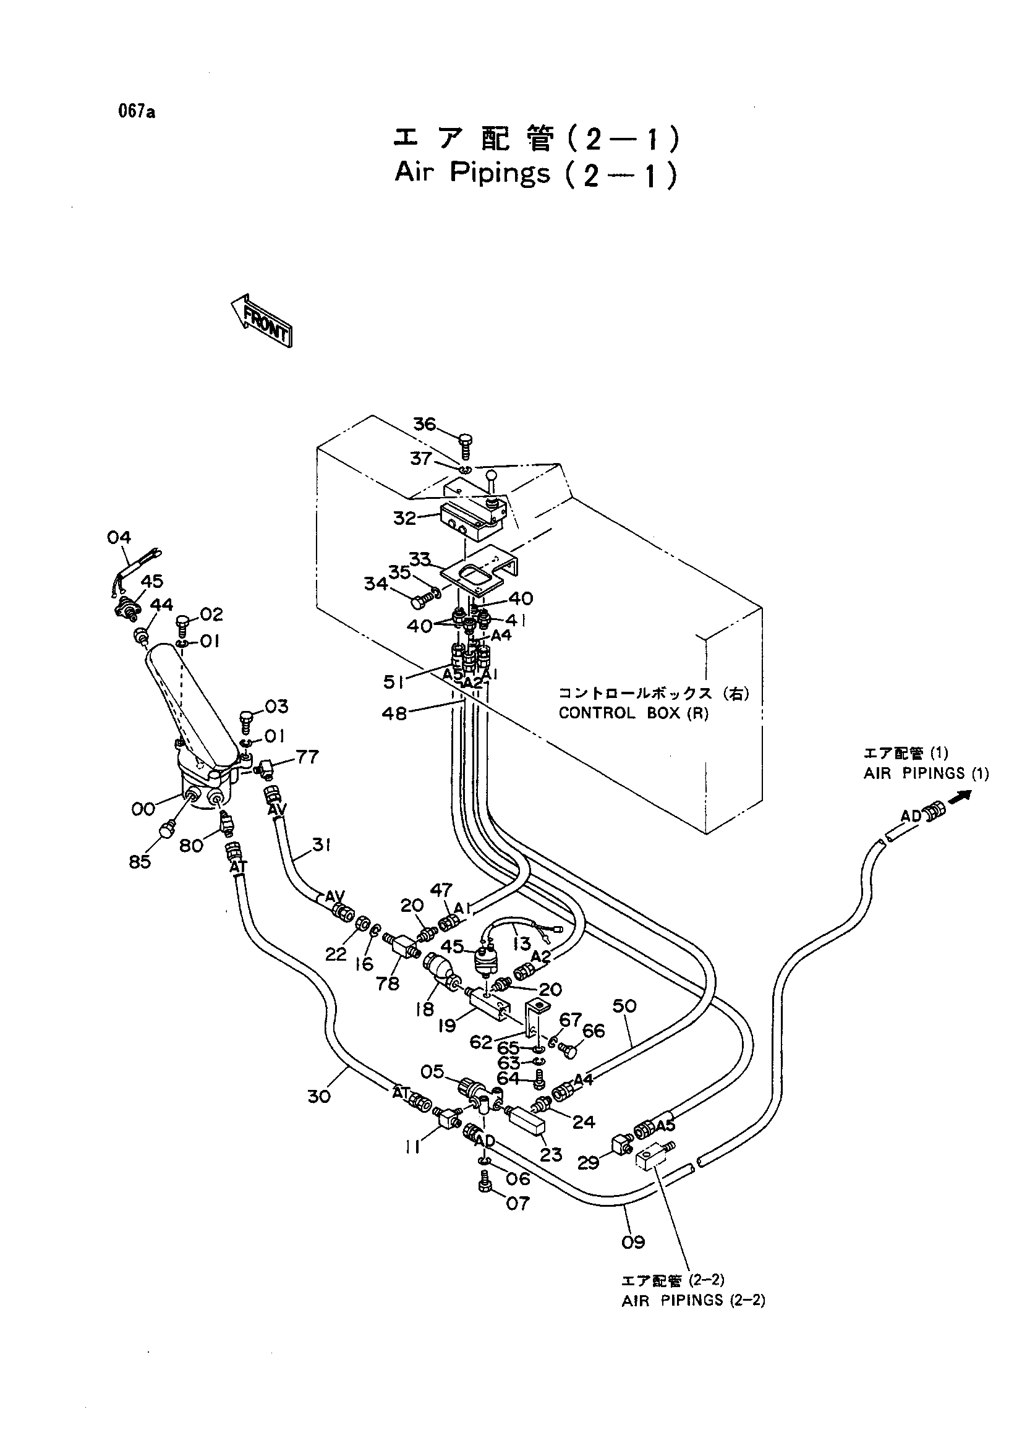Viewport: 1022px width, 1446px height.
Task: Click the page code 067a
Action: (135, 112)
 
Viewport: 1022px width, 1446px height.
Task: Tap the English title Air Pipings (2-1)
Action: (536, 173)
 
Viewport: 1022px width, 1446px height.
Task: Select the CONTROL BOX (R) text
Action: (634, 713)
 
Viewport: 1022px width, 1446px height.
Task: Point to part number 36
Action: (424, 425)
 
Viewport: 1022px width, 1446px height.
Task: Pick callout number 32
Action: (405, 517)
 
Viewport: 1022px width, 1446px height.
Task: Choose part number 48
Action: (394, 713)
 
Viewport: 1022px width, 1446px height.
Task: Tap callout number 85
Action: (140, 861)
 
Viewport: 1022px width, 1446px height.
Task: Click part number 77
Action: (307, 756)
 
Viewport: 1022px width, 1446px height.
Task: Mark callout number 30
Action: (318, 1097)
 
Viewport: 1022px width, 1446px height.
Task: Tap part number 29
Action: (589, 1163)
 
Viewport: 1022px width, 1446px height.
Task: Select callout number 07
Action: (518, 1204)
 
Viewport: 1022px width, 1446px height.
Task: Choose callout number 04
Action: (119, 537)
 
